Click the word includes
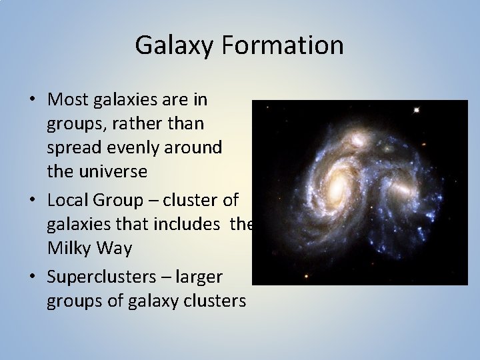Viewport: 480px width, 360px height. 190,224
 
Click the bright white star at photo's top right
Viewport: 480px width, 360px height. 417,109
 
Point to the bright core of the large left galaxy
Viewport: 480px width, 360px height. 338,181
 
